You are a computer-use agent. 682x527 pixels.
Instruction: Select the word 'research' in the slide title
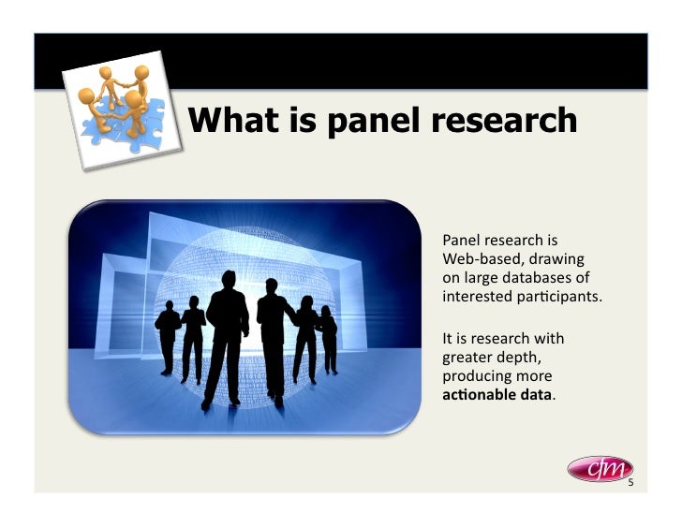point(503,119)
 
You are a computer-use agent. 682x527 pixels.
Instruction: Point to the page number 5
point(630,483)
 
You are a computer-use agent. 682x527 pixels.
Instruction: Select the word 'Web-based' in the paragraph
point(476,259)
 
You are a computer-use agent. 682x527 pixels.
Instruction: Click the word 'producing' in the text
point(474,375)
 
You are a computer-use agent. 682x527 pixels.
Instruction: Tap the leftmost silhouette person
point(169,338)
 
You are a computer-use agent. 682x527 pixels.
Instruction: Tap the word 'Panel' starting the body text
point(460,240)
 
